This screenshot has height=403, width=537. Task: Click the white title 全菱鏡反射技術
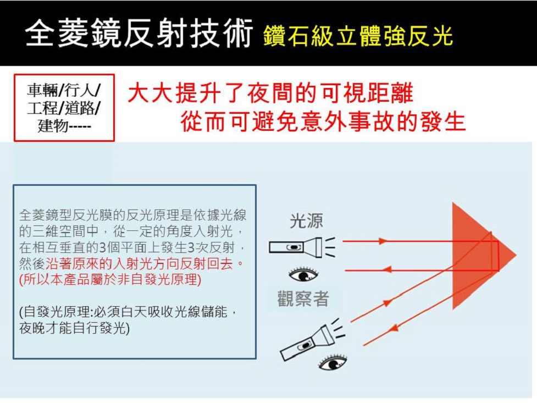point(140,35)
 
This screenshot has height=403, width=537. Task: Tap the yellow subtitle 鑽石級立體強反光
point(358,36)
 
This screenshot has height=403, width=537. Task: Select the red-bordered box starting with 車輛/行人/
point(64,108)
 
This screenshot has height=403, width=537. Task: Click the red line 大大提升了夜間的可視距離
point(270,94)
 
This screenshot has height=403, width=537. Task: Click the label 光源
point(306,222)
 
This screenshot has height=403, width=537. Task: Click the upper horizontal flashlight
point(297,247)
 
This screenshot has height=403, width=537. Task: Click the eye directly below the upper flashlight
point(303,274)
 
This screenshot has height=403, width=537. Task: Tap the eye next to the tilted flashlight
point(333,363)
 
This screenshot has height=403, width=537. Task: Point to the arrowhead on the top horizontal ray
point(383,241)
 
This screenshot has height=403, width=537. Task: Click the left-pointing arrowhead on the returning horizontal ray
point(386,269)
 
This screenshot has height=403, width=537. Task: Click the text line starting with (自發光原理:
point(129,312)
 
